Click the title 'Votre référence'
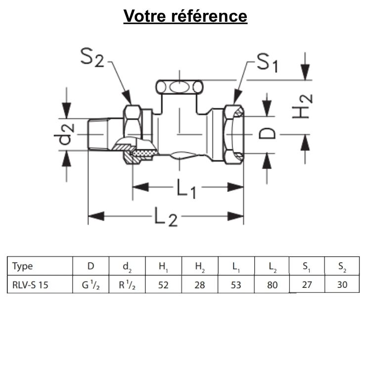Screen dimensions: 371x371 [185, 16]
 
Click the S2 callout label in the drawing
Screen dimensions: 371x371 [93, 58]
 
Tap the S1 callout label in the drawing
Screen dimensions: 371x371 [267, 62]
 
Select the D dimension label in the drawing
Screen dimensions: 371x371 [268, 133]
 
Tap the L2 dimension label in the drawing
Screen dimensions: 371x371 [165, 217]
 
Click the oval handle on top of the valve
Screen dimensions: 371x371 [180, 88]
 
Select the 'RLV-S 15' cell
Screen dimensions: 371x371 [31, 284]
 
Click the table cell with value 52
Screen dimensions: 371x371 [164, 284]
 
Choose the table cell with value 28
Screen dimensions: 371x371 [200, 284]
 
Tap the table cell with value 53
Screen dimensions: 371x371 [236, 284]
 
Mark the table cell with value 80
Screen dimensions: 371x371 [272, 284]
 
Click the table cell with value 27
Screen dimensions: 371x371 [307, 284]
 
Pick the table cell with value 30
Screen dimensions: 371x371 [342, 284]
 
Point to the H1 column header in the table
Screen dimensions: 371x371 [163, 267]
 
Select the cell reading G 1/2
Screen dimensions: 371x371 [91, 284]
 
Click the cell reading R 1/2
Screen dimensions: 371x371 [127, 284]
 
